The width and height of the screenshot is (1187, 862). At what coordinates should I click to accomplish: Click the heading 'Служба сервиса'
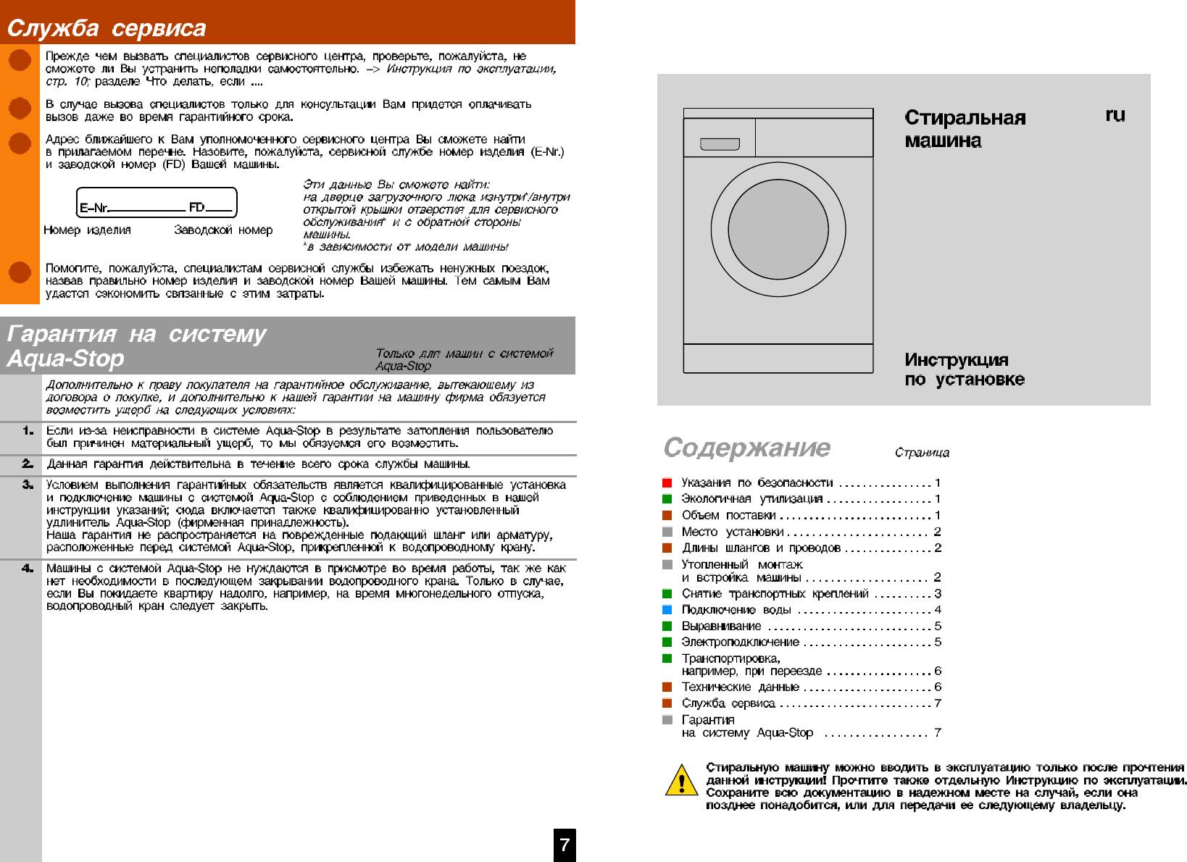click(x=107, y=28)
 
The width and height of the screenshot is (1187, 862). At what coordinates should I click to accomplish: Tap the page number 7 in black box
click(x=564, y=845)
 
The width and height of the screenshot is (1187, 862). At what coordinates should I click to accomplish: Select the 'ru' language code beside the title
click(x=1115, y=115)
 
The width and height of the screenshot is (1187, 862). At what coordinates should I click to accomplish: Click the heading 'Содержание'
click(x=746, y=448)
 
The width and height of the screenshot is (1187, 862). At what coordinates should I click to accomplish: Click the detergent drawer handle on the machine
click(x=720, y=145)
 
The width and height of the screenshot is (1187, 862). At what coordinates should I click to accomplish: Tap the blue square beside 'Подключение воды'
click(x=667, y=610)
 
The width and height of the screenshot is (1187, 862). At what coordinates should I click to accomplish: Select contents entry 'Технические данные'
click(x=740, y=687)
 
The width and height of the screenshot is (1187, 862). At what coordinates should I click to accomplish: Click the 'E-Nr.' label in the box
click(x=94, y=209)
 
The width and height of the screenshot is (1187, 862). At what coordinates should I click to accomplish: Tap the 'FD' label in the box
click(x=196, y=208)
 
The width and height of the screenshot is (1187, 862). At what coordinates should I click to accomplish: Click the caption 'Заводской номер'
click(x=223, y=230)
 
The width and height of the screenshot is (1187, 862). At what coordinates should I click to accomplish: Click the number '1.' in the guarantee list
click(x=28, y=431)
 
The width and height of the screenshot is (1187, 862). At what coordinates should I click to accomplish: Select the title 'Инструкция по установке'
click(x=964, y=369)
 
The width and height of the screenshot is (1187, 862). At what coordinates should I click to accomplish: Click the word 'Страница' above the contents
click(x=922, y=453)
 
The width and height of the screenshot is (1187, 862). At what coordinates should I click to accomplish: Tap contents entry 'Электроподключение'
click(x=740, y=642)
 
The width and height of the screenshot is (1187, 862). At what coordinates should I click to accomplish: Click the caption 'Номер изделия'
click(x=87, y=230)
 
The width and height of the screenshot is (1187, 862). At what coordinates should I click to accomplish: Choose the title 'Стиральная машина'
click(x=965, y=128)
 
